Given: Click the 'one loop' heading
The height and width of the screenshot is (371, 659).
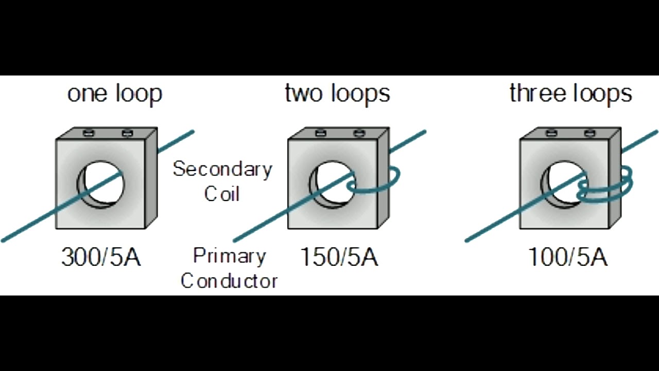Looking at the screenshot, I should (115, 94).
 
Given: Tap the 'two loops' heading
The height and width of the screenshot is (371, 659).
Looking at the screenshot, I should (337, 94).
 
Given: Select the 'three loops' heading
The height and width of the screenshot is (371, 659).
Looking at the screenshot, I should (570, 94).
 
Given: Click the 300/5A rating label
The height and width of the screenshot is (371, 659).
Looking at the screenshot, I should (101, 257).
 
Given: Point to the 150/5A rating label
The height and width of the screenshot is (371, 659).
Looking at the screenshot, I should (339, 257).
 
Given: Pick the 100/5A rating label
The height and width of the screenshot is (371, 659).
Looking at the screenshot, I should (568, 257).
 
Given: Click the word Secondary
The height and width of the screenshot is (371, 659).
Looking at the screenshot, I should (222, 169).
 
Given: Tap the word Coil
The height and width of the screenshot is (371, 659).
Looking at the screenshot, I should (222, 194).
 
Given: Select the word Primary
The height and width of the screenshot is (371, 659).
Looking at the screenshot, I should (229, 256).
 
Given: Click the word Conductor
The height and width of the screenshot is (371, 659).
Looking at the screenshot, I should (229, 281).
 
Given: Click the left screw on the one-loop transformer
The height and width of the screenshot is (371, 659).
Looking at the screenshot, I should (88, 133).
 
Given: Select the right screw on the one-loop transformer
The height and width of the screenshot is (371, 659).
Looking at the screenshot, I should (127, 133).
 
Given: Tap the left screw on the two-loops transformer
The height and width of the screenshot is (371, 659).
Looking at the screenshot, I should (320, 133).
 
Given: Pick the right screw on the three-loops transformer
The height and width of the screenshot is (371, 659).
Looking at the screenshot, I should (590, 133).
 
